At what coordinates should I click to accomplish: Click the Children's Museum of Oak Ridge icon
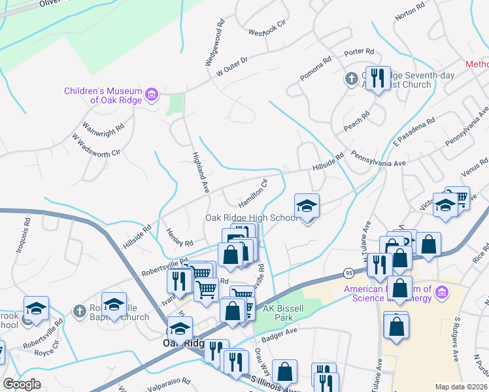pos(152,95)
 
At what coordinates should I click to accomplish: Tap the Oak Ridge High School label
pos(252,218)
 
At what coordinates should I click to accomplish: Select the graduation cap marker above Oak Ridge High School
pos(307,206)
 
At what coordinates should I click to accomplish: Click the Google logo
pos(22,384)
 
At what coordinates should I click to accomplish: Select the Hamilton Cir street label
pos(253,194)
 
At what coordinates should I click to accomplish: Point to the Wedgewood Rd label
pos(214,46)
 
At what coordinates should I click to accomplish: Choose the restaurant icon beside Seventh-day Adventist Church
pos(377,80)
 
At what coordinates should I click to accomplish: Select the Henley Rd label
pos(180,237)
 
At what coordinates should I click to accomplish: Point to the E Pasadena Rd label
pos(414,133)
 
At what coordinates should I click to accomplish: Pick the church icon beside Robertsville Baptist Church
pos(80,310)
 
